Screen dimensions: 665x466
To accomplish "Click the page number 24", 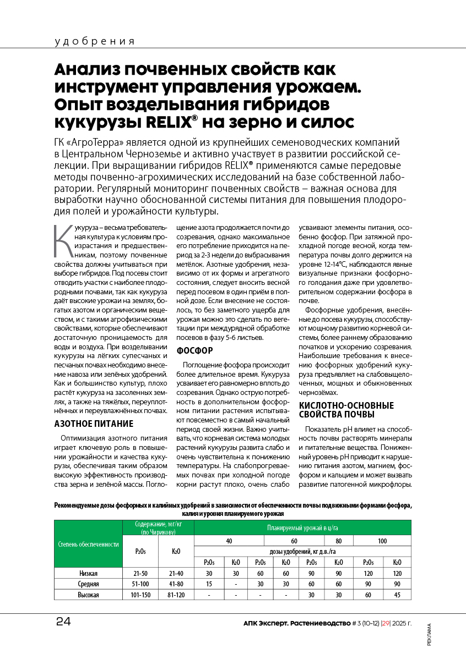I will [x=63, y=622].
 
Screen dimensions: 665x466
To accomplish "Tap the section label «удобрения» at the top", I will [x=95, y=42].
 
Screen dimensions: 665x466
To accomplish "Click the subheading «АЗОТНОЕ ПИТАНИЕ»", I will [x=94, y=424].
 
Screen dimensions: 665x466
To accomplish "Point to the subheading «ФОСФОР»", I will [x=194, y=350].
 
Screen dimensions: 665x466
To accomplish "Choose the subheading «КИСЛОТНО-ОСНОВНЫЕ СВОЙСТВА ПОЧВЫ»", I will [x=346, y=410].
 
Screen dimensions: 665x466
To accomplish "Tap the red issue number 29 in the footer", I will [x=381, y=623].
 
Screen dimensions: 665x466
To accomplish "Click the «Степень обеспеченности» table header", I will [x=88, y=544].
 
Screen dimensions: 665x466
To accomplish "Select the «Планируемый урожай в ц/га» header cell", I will [x=302, y=527].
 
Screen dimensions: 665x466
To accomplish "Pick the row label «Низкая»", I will [x=88, y=573].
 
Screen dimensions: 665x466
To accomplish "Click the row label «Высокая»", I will [x=88, y=595].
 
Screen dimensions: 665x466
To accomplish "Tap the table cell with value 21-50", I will [x=140, y=573].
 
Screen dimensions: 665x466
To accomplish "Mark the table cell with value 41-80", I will [x=176, y=584].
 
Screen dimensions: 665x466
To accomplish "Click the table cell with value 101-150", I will [x=140, y=595].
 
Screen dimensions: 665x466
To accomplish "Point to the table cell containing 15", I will [x=209, y=584].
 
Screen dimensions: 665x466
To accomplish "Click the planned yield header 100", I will [x=382, y=541].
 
